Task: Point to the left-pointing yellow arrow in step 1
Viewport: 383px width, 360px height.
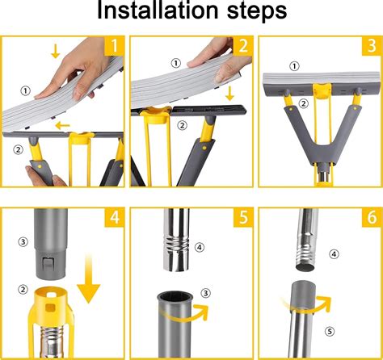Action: (x=60, y=125)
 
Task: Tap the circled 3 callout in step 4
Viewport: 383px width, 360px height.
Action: (x=23, y=240)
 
